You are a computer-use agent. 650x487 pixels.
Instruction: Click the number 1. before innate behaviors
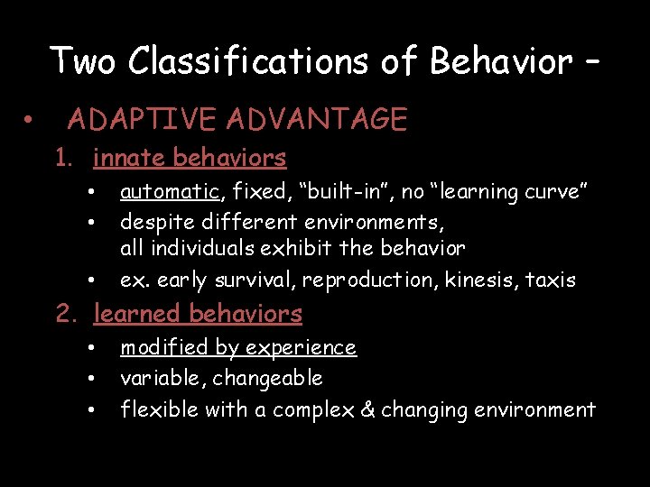(63, 159)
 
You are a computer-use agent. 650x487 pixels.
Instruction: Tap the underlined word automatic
(170, 192)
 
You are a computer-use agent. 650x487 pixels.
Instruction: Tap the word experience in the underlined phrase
(306, 348)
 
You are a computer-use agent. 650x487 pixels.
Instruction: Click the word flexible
(159, 410)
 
